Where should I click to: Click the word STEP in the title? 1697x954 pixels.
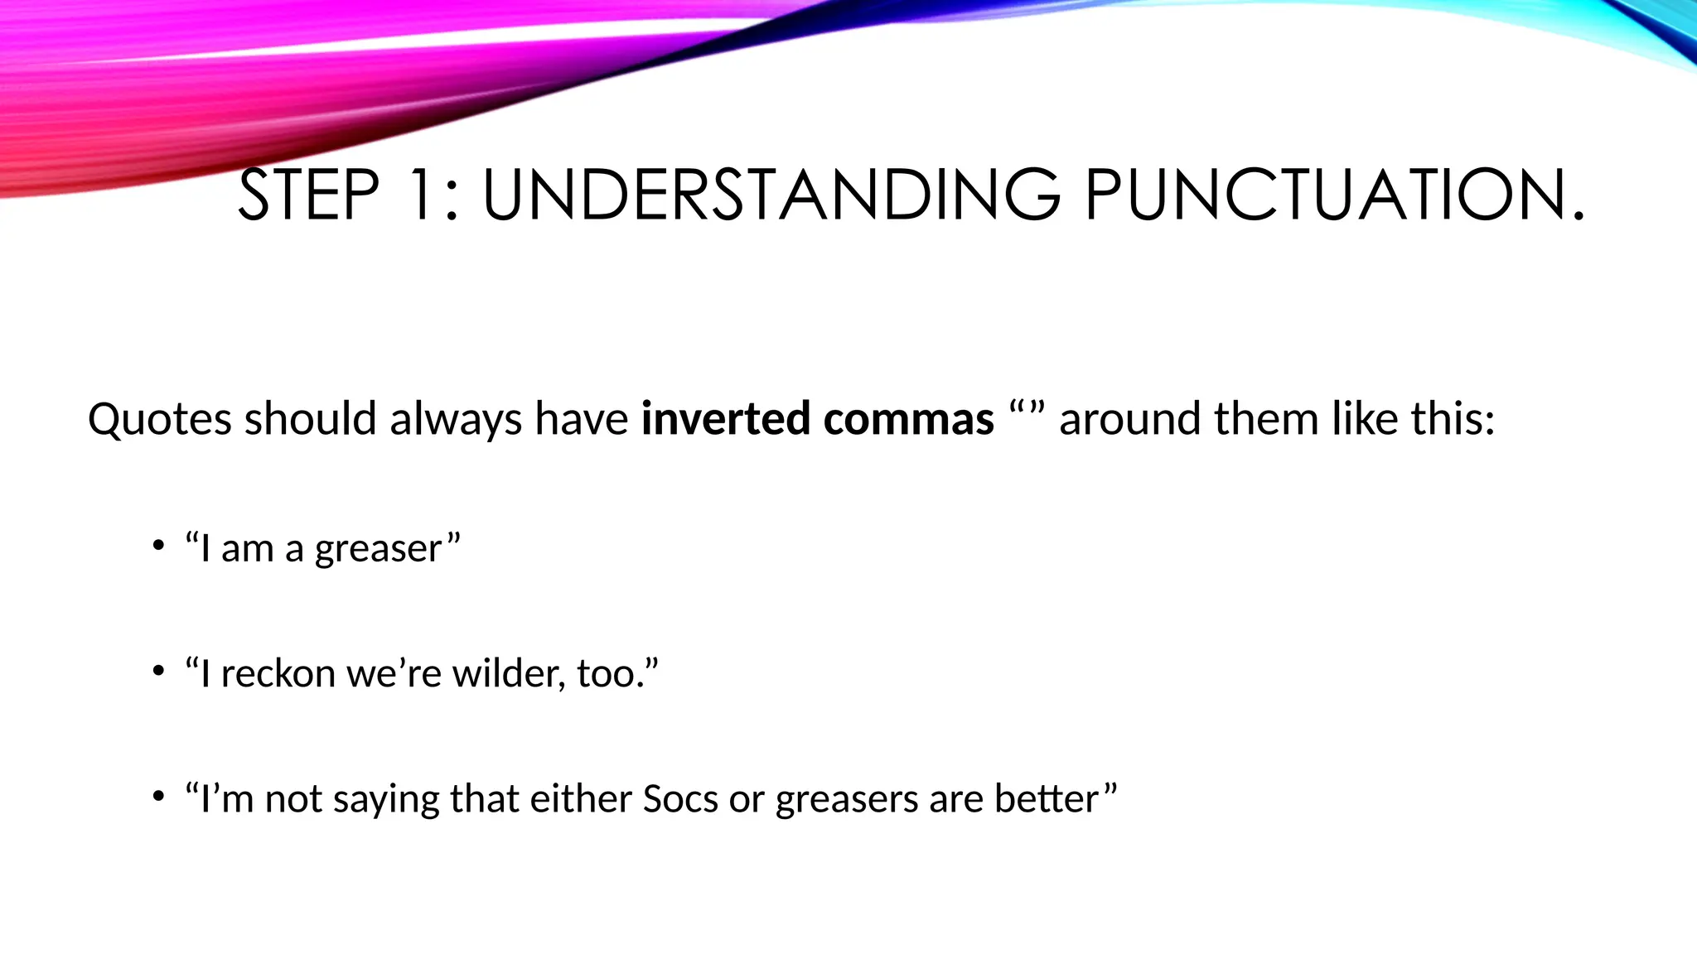tap(308, 195)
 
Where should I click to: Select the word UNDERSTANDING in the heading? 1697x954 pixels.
tap(771, 195)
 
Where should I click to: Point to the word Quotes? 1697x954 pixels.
tap(160, 419)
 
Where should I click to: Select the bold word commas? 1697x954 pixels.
tap(908, 419)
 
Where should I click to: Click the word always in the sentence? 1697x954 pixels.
tap(456, 419)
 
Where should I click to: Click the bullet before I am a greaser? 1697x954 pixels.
tap(157, 546)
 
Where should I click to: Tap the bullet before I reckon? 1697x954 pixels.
tap(157, 671)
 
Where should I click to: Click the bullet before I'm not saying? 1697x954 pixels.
tap(157, 797)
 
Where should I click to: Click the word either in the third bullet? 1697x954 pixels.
tap(581, 799)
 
